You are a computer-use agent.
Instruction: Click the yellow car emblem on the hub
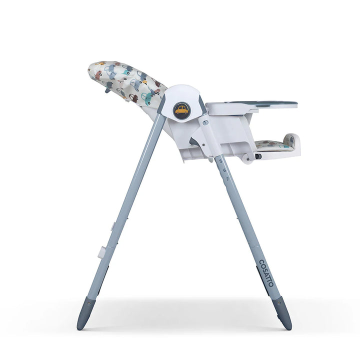click(181, 110)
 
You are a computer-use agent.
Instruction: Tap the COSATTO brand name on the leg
click(266, 273)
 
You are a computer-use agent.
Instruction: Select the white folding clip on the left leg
click(101, 252)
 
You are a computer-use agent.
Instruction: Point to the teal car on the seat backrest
click(148, 96)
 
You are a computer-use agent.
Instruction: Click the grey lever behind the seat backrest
click(107, 90)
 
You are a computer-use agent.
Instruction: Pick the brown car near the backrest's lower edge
click(133, 98)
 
